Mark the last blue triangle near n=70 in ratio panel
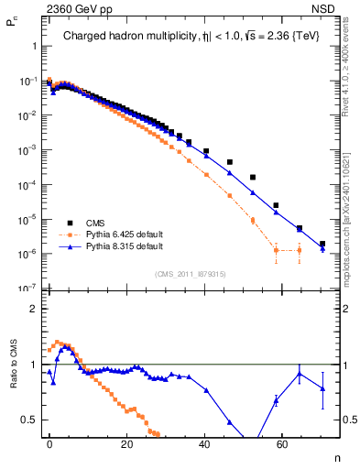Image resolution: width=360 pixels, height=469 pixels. [x=322, y=388]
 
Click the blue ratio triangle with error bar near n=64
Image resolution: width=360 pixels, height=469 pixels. [x=299, y=373]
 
